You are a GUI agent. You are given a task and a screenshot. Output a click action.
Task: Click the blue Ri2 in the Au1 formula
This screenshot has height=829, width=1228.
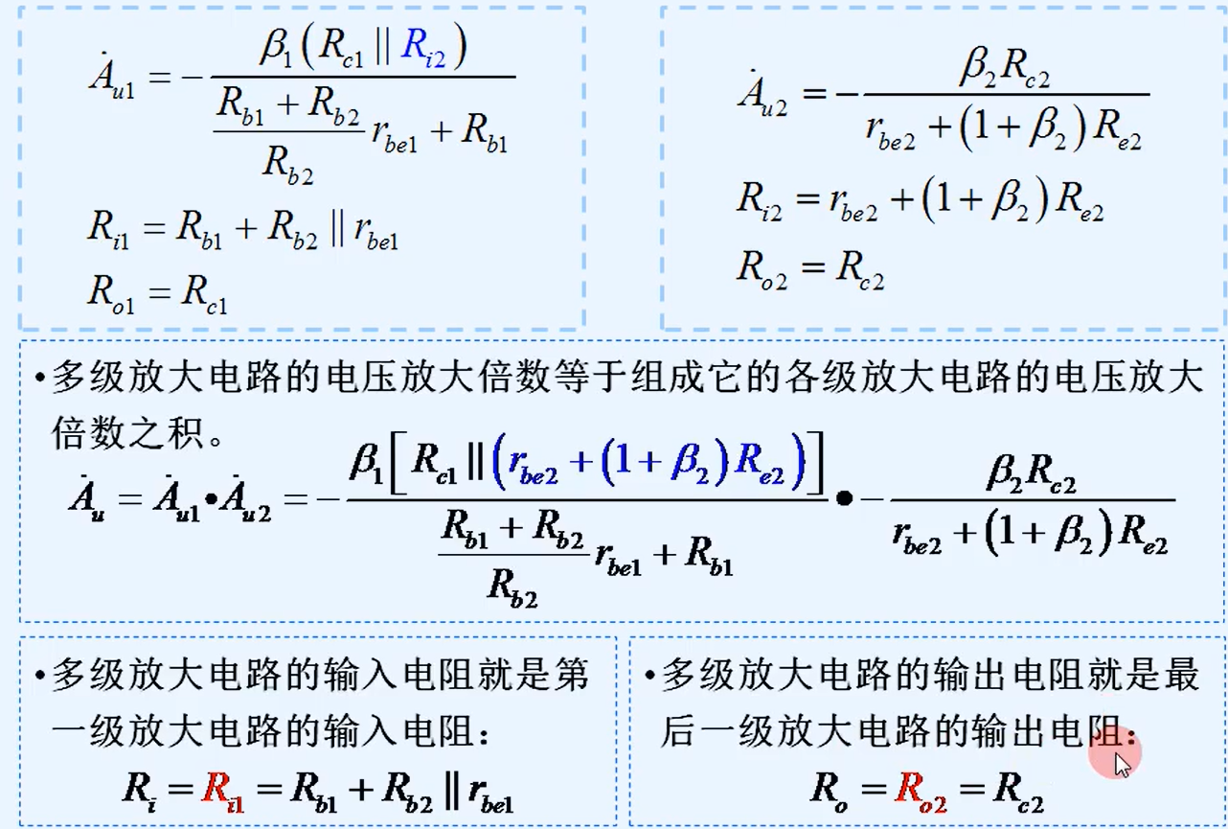click(x=422, y=49)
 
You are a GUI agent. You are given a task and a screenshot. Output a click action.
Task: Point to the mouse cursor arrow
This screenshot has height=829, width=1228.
click(x=1122, y=763)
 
